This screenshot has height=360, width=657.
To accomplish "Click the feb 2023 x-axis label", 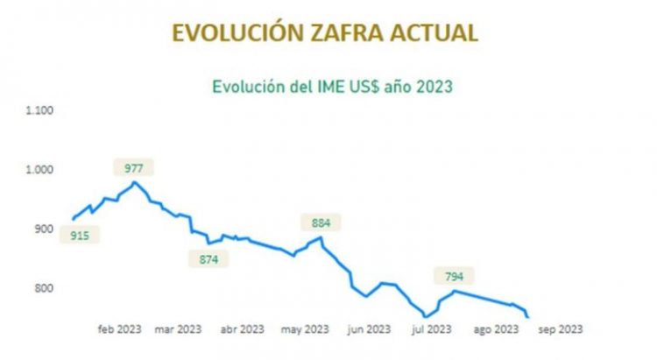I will click(x=118, y=330).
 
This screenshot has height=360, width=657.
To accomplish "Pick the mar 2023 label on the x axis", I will click(x=178, y=330).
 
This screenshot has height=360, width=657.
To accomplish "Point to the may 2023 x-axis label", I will click(x=304, y=330).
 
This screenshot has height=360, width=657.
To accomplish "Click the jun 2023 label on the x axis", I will click(x=368, y=330).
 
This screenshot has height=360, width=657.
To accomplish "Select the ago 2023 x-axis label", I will click(x=494, y=330).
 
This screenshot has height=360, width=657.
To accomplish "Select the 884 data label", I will click(x=320, y=222).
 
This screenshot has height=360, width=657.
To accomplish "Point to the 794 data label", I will click(x=454, y=277).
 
